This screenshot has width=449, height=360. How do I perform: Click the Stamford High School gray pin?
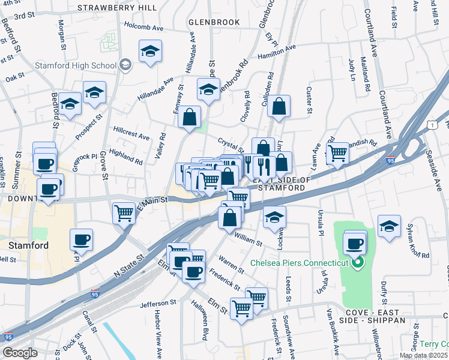pos(125,65)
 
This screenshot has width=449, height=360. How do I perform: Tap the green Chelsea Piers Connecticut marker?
pos(358,263)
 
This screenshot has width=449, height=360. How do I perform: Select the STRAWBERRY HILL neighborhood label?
pos(116,8)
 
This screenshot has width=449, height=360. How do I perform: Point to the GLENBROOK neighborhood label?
pos(214,22)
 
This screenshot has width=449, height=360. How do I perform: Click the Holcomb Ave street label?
pos(143,27)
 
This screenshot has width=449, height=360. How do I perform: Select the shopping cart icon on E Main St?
pos(124,212)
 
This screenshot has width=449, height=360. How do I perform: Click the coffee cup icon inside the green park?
pos(355,243)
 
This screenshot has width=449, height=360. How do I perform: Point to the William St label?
pos(249,240)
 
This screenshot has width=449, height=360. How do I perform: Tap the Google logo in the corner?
pos(20,353)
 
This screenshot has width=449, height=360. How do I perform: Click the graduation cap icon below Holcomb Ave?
pos(150,51)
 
